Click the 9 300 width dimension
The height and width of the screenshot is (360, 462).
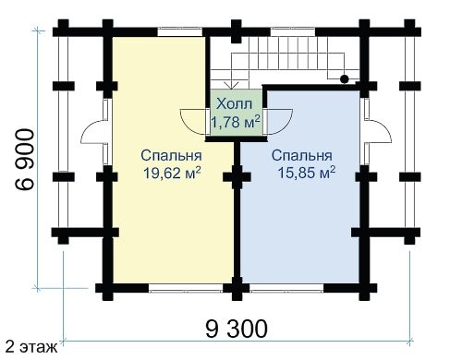coord(237,329)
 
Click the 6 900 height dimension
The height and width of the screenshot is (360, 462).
coord(25,160)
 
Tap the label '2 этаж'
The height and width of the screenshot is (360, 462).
coord(31,347)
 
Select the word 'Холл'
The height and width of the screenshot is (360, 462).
coord(235,104)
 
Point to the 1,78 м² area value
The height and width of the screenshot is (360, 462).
coord(236,122)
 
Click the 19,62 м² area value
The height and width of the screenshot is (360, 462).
coord(172,173)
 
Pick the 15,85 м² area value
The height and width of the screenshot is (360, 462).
coord(307,173)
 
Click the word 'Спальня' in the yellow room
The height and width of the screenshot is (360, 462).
coord(172,155)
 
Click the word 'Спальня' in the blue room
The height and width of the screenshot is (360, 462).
coord(302,155)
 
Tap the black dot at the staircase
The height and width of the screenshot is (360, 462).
coord(345,79)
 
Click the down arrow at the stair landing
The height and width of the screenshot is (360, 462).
coord(232,85)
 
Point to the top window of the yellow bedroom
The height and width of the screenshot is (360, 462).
coord(180,32)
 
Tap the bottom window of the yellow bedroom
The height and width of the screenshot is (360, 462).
coord(186,288)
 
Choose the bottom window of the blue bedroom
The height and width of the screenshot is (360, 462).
coord(286,288)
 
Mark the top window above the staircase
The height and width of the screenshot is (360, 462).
coord(293,32)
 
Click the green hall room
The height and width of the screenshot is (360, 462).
coord(236,113)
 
